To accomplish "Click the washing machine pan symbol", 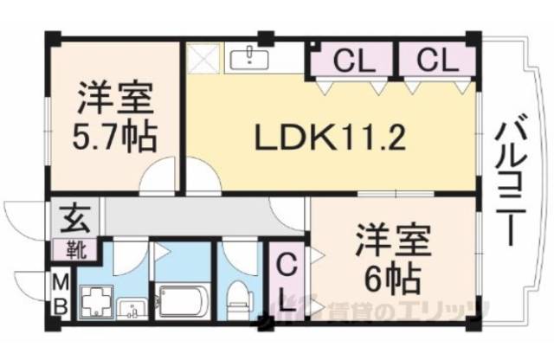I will click(x=93, y=302).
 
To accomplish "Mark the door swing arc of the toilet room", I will click(x=235, y=253).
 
